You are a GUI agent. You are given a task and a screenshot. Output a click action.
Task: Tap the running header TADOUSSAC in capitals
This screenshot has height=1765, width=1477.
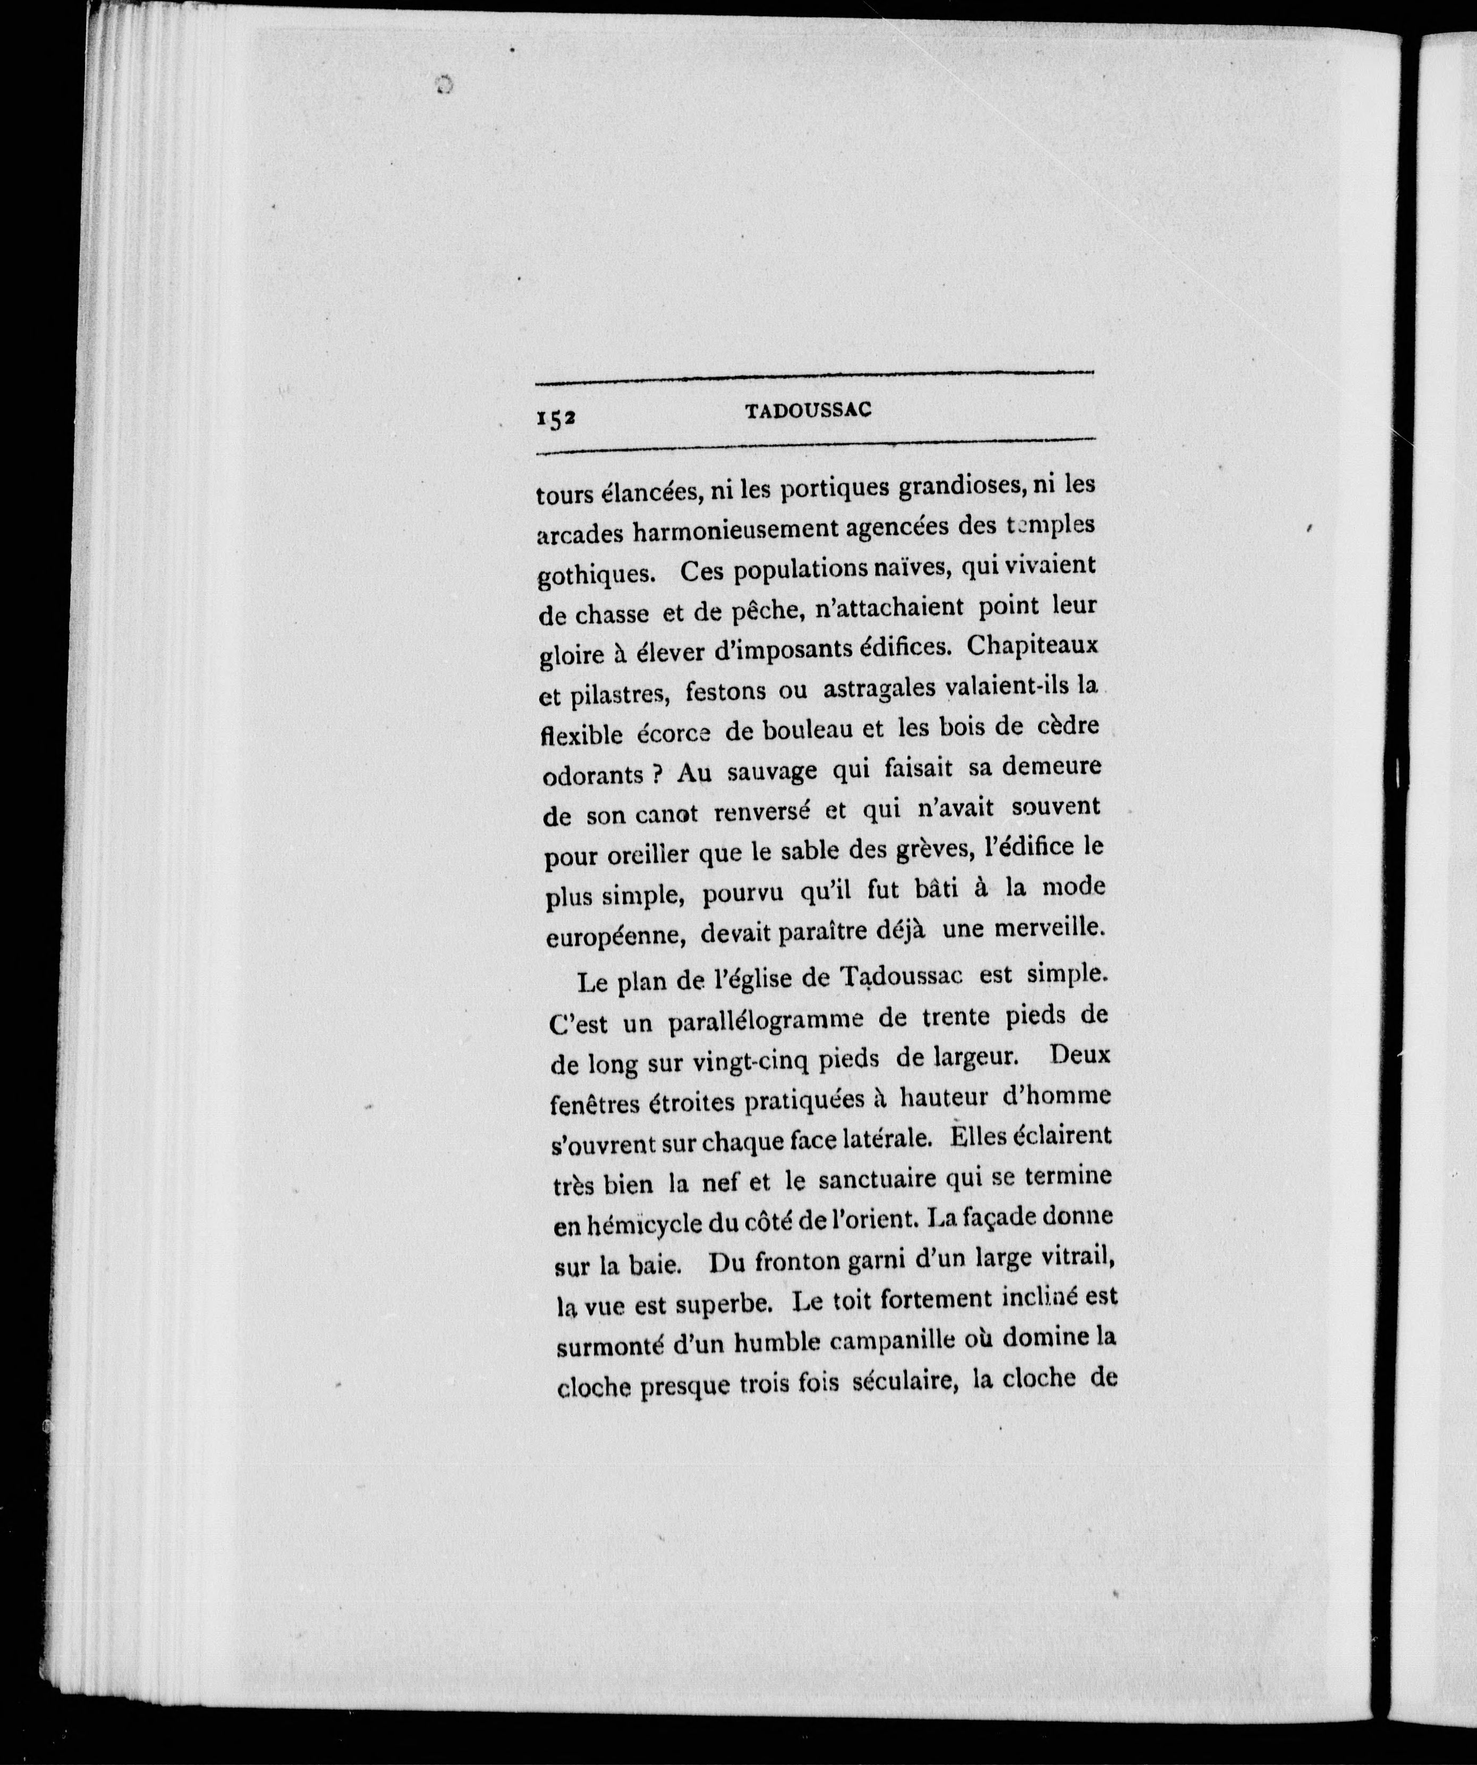point(808,411)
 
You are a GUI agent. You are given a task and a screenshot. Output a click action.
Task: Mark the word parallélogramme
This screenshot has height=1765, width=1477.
point(767,1021)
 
